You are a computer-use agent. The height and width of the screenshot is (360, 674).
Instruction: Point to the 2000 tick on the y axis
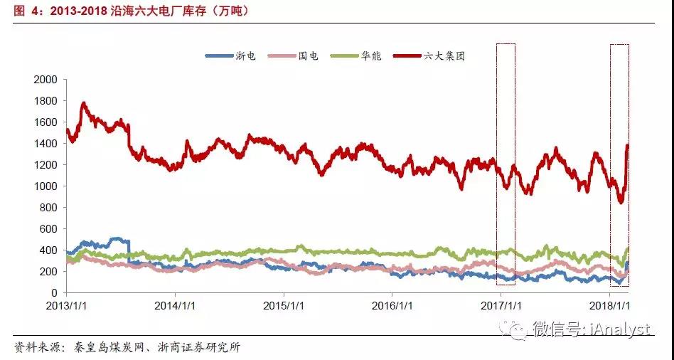[46, 80]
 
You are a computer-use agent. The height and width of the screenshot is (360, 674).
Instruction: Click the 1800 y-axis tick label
[46, 101]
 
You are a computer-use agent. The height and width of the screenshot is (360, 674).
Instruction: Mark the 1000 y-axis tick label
[46, 186]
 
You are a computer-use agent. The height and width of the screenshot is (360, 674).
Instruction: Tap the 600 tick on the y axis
[49, 229]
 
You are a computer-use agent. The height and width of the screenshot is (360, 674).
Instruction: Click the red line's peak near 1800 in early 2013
[84, 104]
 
